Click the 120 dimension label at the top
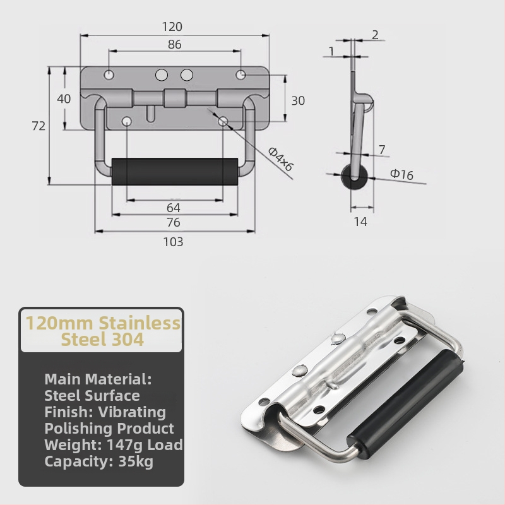coord(172,27)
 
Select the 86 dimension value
coord(175,44)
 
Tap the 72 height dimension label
coord(39,126)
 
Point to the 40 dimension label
coord(64,99)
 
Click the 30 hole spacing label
coord(298,101)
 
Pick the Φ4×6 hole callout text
coord(280,159)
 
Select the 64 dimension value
coord(173,208)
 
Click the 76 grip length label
coord(173,223)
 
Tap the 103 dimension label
coord(173,242)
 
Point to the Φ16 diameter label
coord(401,174)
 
